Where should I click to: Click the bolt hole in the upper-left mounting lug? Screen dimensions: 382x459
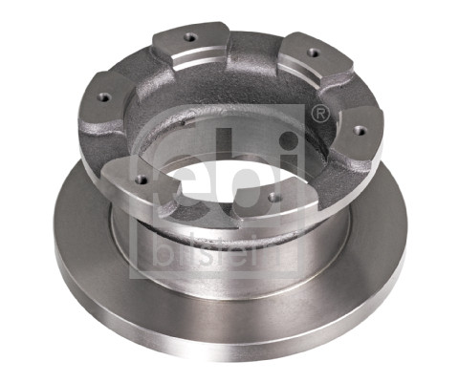(189, 37)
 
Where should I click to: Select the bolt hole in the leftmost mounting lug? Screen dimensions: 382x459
(102, 96)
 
